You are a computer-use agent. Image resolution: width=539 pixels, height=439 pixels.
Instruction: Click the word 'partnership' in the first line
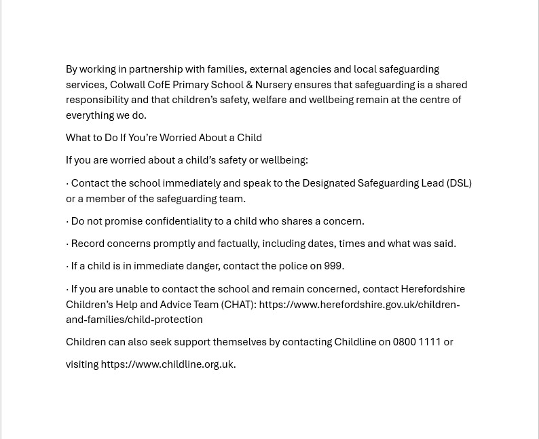point(155,69)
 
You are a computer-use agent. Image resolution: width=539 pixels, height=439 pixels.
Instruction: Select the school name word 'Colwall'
point(128,85)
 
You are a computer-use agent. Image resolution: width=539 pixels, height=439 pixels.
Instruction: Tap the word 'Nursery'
point(274,85)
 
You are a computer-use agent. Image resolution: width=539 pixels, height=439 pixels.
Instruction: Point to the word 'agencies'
point(310,69)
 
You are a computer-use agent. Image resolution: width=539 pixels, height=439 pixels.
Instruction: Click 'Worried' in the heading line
point(178,138)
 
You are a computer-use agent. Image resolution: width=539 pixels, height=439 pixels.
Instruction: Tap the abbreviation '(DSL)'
point(459,183)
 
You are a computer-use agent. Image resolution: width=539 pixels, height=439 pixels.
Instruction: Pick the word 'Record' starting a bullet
point(88,244)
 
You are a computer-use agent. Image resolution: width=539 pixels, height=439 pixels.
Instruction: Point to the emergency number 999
point(333,266)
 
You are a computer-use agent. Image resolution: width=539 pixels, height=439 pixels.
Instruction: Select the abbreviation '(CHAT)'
point(237,305)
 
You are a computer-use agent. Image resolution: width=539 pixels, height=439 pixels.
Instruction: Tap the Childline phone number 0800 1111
point(417,342)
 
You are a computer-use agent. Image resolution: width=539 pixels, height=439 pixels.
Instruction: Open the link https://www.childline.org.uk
point(167,364)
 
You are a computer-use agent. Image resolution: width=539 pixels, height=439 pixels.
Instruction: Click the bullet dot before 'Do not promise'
point(67,221)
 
